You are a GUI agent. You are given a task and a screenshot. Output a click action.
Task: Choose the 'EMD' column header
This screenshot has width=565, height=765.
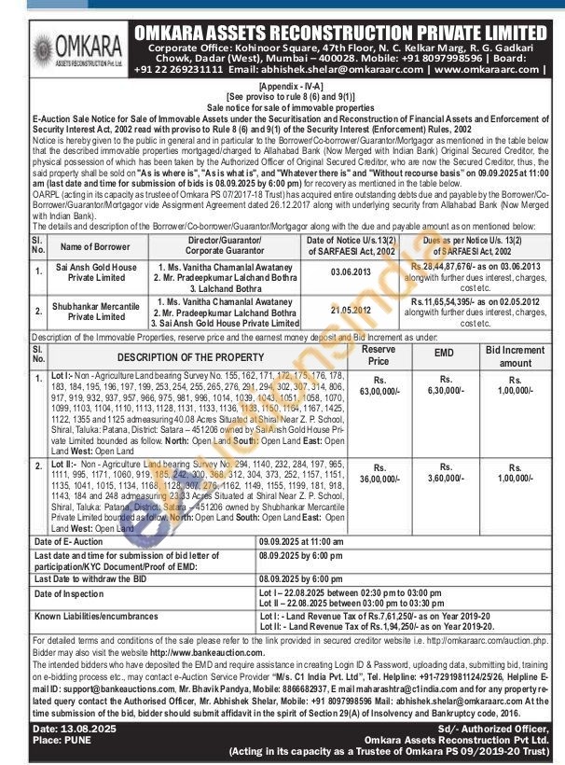(445, 355)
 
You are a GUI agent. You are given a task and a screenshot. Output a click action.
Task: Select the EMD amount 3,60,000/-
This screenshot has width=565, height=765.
(445, 477)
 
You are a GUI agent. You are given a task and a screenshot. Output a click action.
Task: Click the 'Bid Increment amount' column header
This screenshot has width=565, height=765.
(515, 355)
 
